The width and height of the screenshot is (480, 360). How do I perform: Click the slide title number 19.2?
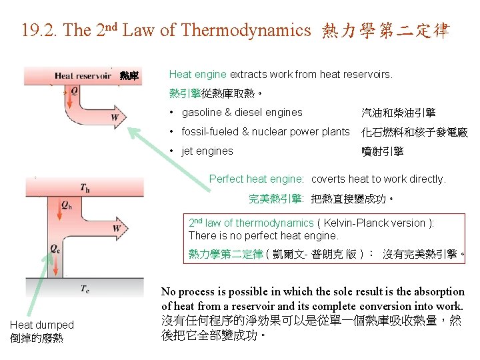point(37,30)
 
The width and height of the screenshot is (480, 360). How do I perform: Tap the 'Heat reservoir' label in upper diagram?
point(83,76)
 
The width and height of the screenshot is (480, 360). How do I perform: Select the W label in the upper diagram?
point(115,118)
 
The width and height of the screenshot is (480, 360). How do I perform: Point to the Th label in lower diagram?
point(85,188)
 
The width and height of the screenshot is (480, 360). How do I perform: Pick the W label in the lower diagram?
point(117,229)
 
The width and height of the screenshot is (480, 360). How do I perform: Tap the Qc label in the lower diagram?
point(55,248)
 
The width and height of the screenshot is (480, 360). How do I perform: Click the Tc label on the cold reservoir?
point(85,289)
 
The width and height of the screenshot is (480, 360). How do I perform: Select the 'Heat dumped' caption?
point(41,325)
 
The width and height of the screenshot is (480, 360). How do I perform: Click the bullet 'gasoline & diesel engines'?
point(242,113)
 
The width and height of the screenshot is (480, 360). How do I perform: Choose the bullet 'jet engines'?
point(207,151)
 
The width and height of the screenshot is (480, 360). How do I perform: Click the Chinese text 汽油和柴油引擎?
point(398,113)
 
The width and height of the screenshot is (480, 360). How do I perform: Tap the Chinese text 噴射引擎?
point(382,151)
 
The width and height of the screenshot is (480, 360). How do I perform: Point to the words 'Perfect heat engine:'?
point(257,179)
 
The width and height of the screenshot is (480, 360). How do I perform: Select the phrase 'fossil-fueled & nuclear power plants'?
point(265,132)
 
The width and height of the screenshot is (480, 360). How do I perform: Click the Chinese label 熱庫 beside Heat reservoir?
point(129,76)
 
